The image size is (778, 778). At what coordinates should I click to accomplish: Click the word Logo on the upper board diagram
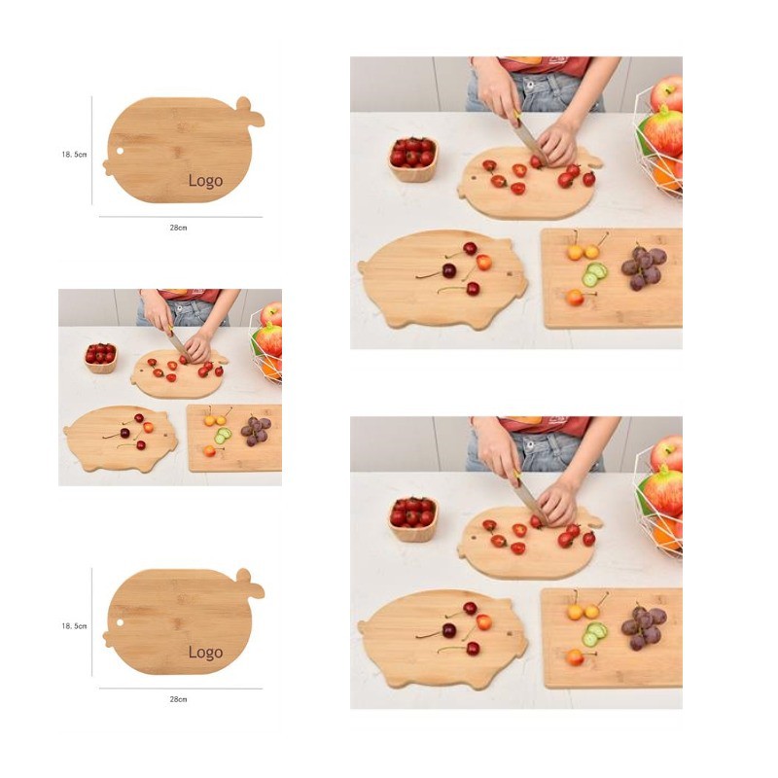coord(205,181)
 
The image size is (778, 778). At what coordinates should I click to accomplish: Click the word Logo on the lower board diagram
coord(205,652)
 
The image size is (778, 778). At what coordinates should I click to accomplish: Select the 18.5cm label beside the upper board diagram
coord(75,155)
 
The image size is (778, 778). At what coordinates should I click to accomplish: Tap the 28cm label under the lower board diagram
coord(179,699)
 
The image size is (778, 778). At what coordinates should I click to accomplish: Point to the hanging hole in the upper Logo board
coord(120,151)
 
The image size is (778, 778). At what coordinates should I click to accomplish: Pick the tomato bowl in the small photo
coord(101,357)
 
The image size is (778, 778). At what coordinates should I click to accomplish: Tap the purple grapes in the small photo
coord(256,430)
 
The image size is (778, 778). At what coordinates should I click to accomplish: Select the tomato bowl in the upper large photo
coord(412,159)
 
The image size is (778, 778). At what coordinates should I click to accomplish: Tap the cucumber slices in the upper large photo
coord(594,274)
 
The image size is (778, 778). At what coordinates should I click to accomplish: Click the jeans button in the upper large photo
coord(530,85)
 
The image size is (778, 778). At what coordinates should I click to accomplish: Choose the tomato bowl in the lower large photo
coord(412,519)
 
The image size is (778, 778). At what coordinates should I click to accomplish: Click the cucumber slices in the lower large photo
coord(594,634)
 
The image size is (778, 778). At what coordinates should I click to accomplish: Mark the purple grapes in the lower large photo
coord(644,627)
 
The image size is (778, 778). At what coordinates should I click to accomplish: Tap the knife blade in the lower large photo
coord(529,502)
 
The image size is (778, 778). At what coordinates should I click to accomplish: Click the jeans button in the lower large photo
coord(530,445)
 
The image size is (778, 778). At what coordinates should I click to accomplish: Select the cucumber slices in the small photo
coord(223,435)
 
